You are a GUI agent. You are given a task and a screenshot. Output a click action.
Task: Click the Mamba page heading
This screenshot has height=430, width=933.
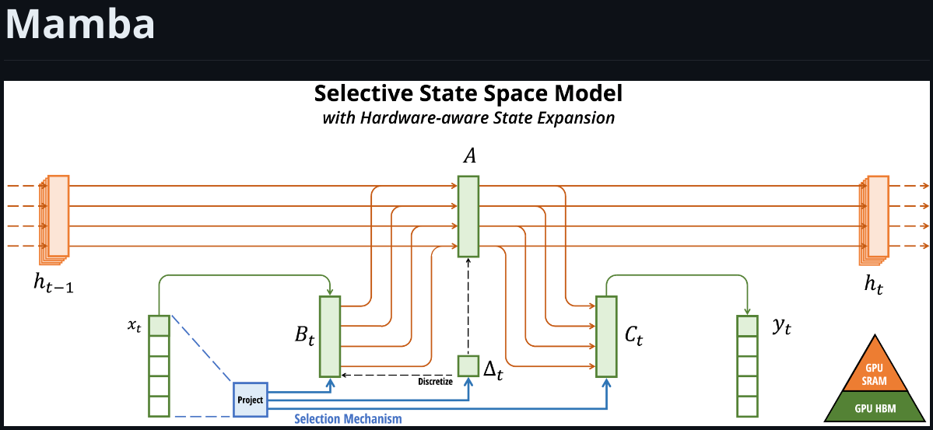[x=80, y=24]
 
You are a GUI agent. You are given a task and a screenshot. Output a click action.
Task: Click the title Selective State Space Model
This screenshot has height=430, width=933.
[x=468, y=94]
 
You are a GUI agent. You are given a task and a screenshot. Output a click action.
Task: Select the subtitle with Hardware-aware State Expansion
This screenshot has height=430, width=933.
[x=468, y=118]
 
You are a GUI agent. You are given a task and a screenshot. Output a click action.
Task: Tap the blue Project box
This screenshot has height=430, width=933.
[x=250, y=400]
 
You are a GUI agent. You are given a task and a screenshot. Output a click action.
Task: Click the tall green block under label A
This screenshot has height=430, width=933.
[x=468, y=216]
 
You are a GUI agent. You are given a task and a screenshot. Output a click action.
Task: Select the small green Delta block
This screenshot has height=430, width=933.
[x=468, y=365]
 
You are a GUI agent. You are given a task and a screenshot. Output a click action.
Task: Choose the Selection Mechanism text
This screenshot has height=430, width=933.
[x=348, y=419]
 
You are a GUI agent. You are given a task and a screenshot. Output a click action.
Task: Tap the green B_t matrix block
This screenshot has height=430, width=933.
[x=330, y=336]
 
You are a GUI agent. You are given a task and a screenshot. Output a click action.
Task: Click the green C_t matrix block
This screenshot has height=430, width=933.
[x=606, y=336]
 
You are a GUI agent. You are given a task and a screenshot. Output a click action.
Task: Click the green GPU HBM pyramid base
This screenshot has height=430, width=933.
[x=875, y=407]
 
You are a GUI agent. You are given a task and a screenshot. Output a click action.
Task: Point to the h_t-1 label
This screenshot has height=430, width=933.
[x=54, y=284]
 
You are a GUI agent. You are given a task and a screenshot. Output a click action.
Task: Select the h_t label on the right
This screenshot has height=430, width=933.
[x=874, y=284]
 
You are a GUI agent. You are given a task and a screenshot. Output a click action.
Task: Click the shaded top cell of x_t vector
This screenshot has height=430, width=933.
[x=159, y=325]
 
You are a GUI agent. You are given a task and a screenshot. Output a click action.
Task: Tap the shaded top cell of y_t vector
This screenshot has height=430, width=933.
[x=747, y=325]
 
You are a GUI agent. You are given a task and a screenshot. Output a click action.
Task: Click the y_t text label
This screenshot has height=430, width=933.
[x=781, y=327]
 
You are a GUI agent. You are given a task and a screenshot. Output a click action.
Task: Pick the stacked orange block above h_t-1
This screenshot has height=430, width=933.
[x=57, y=217]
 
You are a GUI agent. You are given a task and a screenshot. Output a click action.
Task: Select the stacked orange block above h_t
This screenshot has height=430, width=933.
[x=876, y=217]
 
